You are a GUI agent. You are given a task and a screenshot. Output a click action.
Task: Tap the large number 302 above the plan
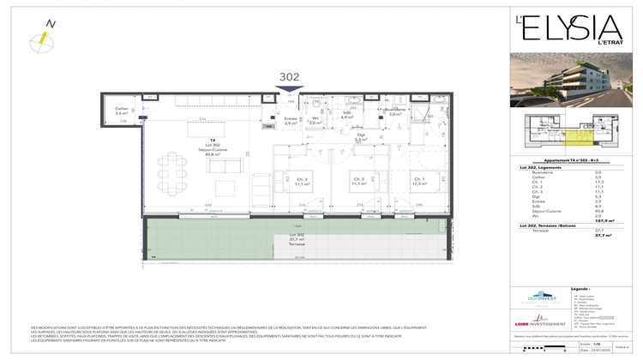click(290, 77)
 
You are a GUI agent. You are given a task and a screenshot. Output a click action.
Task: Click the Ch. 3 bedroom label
click(301, 180)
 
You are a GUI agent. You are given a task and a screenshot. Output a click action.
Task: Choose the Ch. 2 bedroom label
click(359, 180)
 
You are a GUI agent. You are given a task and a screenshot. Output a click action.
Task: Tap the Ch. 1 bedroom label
click(420, 180)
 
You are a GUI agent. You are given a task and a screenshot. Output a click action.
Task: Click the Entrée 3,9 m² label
click(290, 120)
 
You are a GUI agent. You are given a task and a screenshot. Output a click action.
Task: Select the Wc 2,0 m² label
click(315, 120)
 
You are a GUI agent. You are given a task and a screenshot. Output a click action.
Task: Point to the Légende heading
click(580, 289)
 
